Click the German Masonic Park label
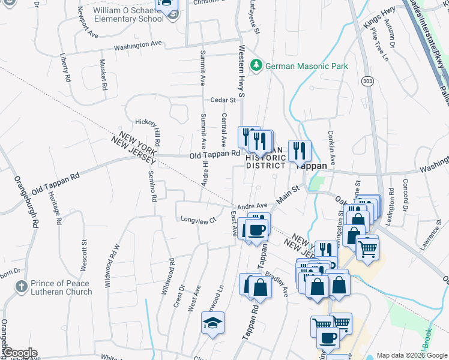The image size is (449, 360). pos(306,66)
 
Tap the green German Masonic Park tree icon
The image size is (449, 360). pos(257,64)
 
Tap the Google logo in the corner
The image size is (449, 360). pos(19,353)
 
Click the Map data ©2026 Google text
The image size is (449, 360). pos(412,355)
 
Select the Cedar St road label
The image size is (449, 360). pos(223,100)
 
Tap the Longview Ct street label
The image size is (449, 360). pos(198,220)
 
